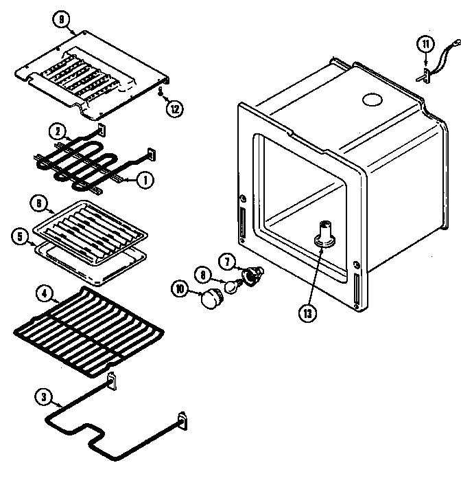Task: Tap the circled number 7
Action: pos(226,260)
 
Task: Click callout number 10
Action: pos(180,290)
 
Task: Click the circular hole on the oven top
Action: pos(371,100)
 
